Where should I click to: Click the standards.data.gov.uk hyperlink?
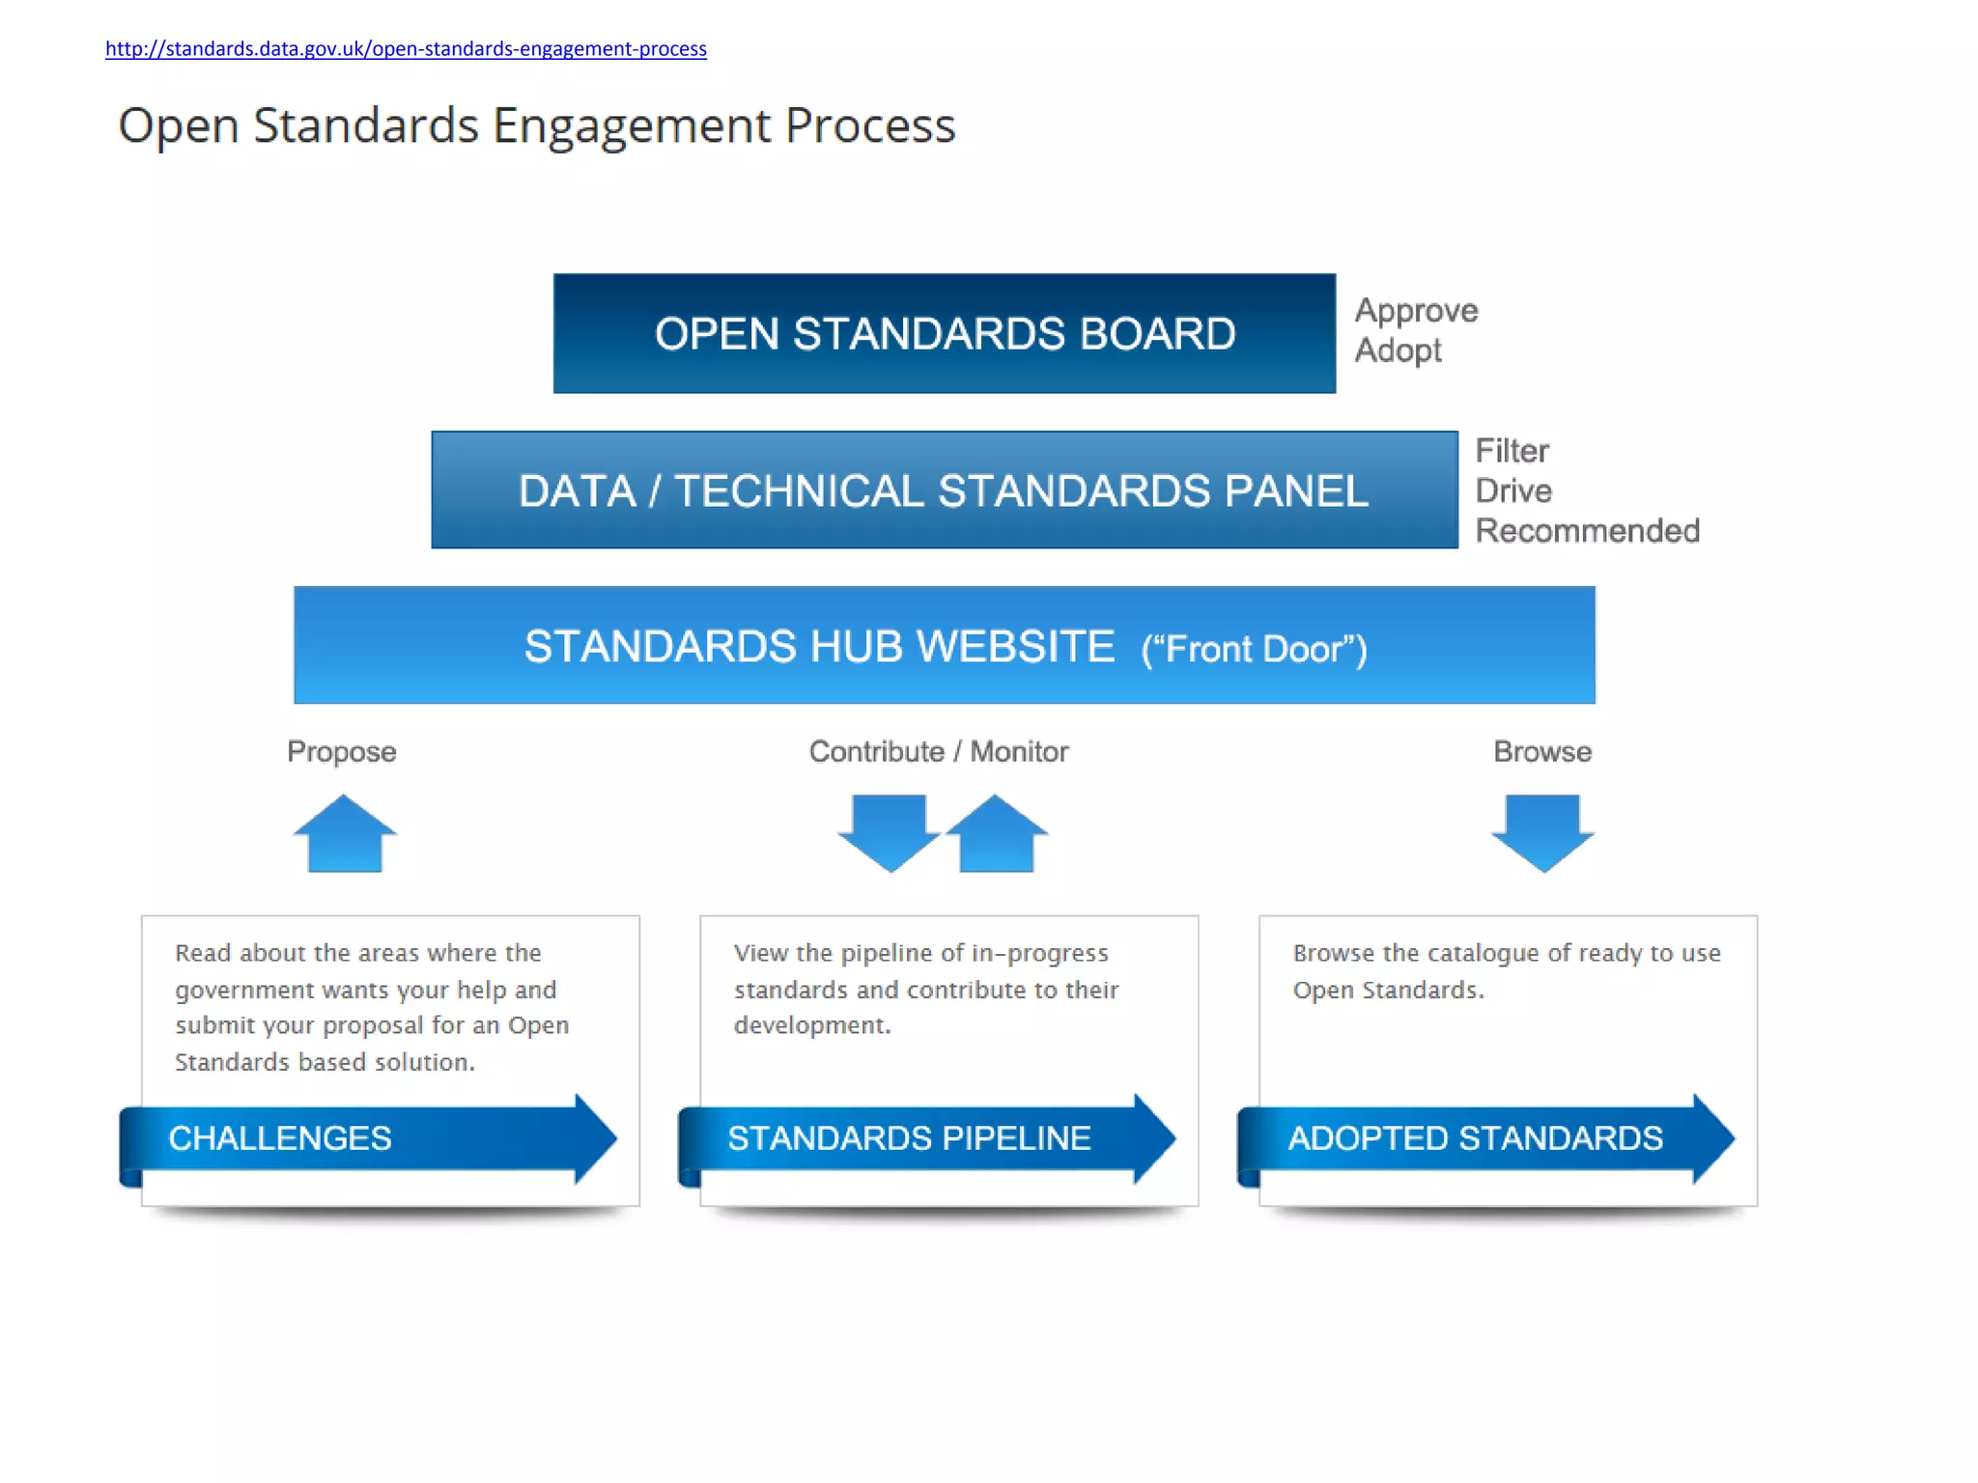click(x=406, y=49)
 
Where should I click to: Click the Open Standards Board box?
click(x=944, y=334)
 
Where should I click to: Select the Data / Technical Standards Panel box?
click(x=944, y=490)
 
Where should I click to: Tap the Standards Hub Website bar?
click(x=944, y=645)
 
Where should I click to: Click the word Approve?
click(x=1416, y=311)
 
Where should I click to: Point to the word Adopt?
click(x=1398, y=350)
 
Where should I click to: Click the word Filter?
click(x=1512, y=451)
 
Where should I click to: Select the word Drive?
click(x=1512, y=490)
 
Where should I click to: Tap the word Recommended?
click(x=1587, y=531)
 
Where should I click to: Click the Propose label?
click(x=342, y=751)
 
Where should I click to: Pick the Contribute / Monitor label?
click(x=939, y=751)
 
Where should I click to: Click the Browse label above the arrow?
click(x=1542, y=751)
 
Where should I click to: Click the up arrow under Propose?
click(x=345, y=833)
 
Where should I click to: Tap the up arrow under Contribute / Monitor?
click(x=997, y=833)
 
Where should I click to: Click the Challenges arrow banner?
click(x=367, y=1138)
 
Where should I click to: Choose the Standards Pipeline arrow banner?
click(x=926, y=1138)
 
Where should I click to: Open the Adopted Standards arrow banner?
click(x=1485, y=1138)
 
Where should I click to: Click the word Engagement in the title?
click(x=631, y=126)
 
